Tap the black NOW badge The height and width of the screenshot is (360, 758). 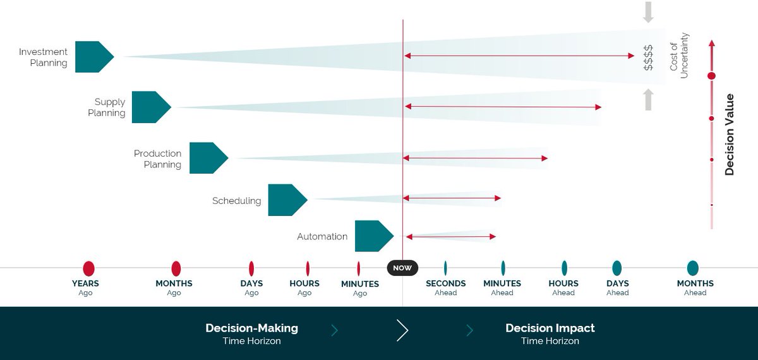point(402,268)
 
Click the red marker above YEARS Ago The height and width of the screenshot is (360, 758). point(88,268)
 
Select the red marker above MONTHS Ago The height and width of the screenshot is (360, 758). point(176,268)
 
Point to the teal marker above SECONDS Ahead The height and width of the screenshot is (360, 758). point(445,268)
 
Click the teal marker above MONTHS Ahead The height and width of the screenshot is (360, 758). point(693,268)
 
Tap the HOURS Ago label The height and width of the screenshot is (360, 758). point(304,287)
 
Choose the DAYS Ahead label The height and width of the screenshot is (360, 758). point(617,287)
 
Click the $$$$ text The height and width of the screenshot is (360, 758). point(648,57)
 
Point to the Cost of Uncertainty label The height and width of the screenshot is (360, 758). point(679,56)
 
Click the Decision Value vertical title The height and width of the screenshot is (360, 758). point(730,135)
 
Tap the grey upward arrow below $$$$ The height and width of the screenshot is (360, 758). point(648,100)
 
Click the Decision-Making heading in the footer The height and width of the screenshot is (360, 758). point(251,328)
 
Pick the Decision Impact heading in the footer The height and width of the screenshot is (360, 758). point(550,328)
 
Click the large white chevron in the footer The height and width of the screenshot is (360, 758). point(402,330)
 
